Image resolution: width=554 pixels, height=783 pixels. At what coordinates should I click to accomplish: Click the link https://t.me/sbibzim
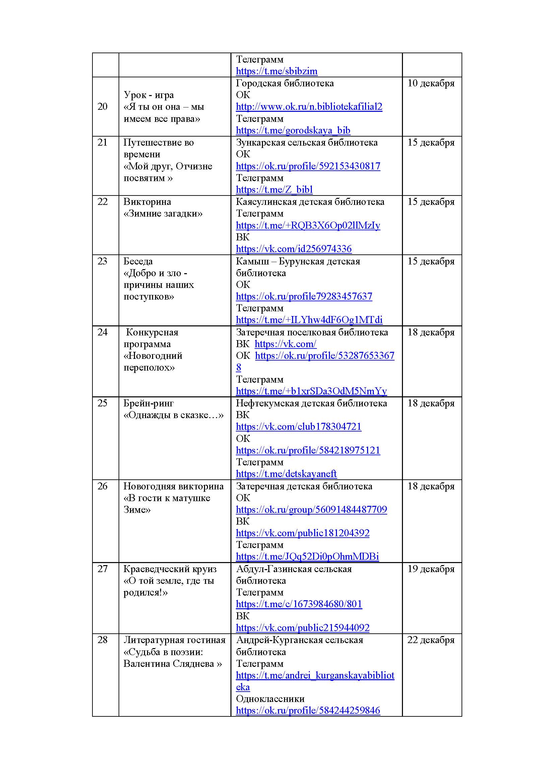(x=276, y=71)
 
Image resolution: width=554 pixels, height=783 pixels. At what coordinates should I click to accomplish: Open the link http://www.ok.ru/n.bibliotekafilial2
(x=309, y=107)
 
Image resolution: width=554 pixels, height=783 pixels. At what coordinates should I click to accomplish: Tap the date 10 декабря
(x=431, y=83)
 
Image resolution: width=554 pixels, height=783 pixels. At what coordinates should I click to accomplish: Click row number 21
(x=102, y=142)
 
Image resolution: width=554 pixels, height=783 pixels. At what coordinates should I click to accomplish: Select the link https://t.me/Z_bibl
(x=274, y=189)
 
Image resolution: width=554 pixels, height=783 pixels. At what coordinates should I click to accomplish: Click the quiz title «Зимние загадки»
(x=163, y=214)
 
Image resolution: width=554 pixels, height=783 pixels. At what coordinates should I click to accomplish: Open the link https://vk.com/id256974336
(x=293, y=249)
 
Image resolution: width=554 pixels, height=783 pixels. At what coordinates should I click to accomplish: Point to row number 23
(x=102, y=261)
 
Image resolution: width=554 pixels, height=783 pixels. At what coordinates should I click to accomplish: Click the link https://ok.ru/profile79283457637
(x=303, y=296)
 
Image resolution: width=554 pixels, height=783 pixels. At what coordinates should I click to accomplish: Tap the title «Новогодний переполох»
(x=152, y=362)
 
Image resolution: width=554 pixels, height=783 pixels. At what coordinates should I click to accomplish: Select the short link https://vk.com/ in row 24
(x=285, y=344)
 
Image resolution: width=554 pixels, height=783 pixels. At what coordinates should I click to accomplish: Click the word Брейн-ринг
(x=148, y=403)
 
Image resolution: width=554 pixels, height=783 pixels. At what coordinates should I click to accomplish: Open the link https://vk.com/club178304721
(x=298, y=426)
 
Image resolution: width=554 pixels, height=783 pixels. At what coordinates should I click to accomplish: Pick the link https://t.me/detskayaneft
(x=286, y=474)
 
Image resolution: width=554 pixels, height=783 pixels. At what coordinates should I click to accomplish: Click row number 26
(x=102, y=486)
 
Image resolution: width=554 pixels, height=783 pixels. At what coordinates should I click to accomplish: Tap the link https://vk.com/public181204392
(x=302, y=533)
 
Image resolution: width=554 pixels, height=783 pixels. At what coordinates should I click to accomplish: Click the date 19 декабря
(x=431, y=569)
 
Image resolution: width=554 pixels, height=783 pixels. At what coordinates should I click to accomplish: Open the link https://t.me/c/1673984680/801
(x=298, y=604)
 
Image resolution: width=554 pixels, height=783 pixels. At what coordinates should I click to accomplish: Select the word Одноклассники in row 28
(x=270, y=699)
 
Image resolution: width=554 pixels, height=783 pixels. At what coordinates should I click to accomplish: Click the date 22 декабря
(x=431, y=640)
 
